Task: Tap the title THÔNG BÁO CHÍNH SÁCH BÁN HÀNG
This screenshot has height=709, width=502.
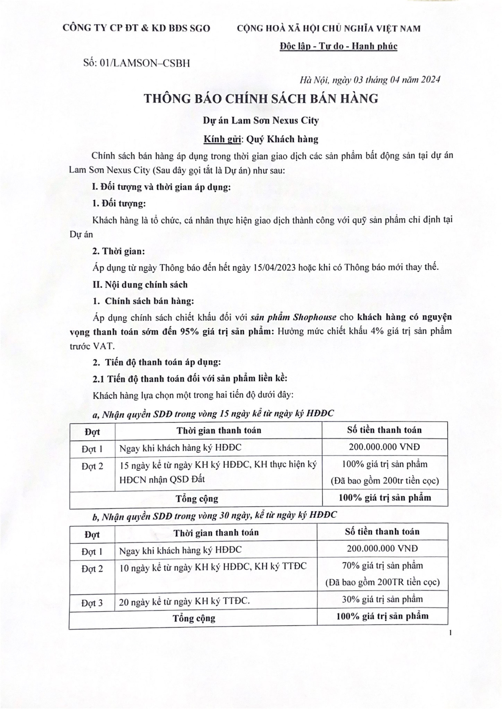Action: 261,99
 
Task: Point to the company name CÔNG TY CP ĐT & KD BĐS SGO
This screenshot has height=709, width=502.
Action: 136,28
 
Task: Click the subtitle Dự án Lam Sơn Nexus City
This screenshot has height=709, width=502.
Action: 261,121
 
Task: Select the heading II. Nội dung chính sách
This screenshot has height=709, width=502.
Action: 140,285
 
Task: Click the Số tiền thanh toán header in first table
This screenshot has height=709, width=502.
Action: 384,430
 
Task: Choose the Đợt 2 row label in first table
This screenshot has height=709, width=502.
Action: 92,466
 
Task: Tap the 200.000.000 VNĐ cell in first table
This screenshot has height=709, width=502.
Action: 384,447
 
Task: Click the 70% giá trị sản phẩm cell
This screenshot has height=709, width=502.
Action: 382,566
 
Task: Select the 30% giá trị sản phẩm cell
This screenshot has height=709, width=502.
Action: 382,599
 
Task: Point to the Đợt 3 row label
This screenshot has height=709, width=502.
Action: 92,603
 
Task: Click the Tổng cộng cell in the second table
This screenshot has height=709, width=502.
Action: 194,618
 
